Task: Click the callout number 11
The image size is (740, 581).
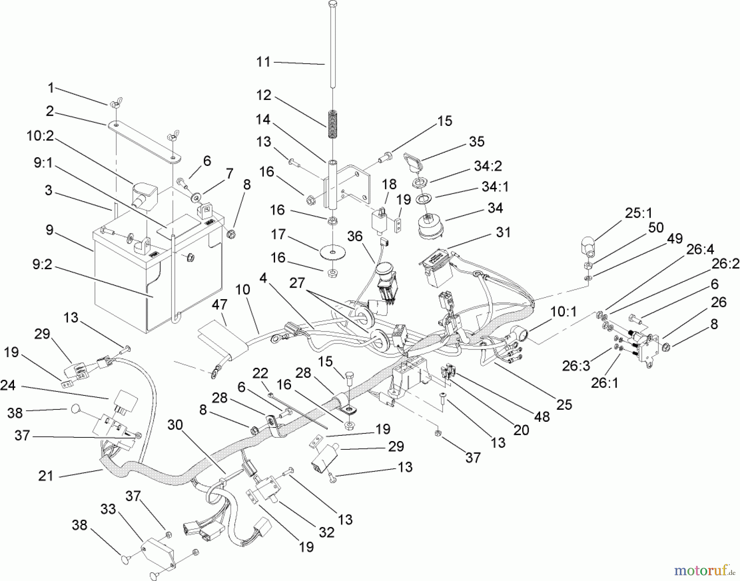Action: tap(263, 62)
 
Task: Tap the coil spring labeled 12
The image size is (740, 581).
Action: tap(331, 124)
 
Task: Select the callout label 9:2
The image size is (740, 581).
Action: tap(42, 265)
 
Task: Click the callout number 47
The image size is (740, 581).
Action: tap(220, 305)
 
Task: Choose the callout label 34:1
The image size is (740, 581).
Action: tap(495, 187)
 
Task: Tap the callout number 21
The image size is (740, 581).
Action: tap(46, 476)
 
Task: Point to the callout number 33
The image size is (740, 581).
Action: tap(109, 509)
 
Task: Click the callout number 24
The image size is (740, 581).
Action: tap(8, 386)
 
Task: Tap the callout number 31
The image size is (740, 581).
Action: tap(503, 232)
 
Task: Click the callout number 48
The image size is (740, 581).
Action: tap(542, 417)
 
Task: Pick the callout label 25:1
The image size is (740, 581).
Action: tap(638, 213)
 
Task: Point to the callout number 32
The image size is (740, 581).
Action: tap(326, 532)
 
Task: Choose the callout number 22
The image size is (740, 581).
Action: tap(260, 374)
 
